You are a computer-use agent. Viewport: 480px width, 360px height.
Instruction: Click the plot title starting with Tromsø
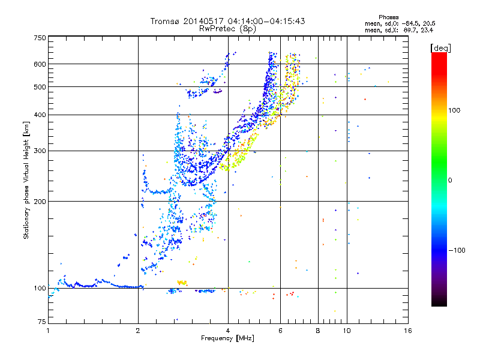pyautogui.click(x=228, y=21)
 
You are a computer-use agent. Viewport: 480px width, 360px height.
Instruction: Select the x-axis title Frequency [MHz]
pyautogui.click(x=227, y=338)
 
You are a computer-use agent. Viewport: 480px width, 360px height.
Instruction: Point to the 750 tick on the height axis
pyautogui.click(x=40, y=38)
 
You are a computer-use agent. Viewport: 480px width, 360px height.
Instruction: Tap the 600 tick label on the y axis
pyautogui.click(x=40, y=64)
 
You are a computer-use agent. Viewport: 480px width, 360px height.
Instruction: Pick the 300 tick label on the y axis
pyautogui.click(x=40, y=151)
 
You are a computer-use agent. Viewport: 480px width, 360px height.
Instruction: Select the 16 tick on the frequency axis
pyautogui.click(x=407, y=331)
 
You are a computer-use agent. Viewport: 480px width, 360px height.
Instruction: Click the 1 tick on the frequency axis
pyautogui.click(x=48, y=331)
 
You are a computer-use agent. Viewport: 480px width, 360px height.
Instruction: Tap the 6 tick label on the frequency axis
pyautogui.click(x=280, y=331)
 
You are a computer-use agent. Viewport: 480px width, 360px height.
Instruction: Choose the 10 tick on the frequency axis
pyautogui.click(x=347, y=331)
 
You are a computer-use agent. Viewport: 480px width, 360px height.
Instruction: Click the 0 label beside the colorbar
pyautogui.click(x=451, y=180)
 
